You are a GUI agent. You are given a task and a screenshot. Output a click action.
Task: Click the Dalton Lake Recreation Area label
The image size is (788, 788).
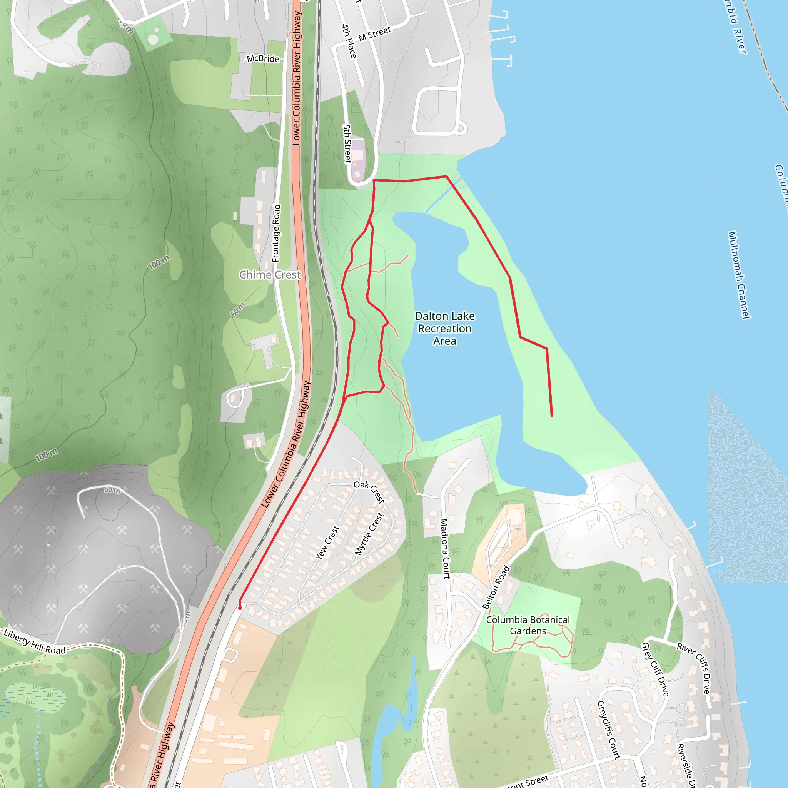click(444, 328)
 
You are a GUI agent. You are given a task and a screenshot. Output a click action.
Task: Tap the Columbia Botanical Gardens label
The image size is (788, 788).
click(528, 625)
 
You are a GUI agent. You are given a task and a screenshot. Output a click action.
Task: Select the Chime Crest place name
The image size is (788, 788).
click(270, 275)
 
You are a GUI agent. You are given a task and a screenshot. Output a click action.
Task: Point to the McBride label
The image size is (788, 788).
click(263, 59)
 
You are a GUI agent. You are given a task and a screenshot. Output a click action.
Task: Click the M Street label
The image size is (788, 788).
click(375, 34)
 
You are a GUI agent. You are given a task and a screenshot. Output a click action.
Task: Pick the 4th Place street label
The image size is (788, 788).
click(349, 41)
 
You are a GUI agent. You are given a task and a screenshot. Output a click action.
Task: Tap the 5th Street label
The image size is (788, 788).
click(347, 144)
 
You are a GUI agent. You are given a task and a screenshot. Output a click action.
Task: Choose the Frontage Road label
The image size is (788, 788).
click(277, 233)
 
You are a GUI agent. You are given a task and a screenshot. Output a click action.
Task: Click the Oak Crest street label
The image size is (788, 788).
click(369, 491)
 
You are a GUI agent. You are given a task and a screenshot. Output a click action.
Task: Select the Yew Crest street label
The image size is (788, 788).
click(327, 543)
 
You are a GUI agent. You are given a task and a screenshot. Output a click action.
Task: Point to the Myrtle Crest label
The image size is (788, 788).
click(369, 534)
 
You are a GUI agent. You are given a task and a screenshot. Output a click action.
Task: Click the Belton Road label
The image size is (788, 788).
click(496, 587)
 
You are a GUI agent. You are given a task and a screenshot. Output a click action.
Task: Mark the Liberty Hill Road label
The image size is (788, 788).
click(35, 641)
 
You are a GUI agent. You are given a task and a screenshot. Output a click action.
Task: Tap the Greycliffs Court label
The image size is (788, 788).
click(609, 730)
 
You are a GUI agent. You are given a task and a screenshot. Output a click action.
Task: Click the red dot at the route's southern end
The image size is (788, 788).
click(240, 608)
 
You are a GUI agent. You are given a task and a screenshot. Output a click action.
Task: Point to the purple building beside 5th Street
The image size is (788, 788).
click(358, 159)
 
